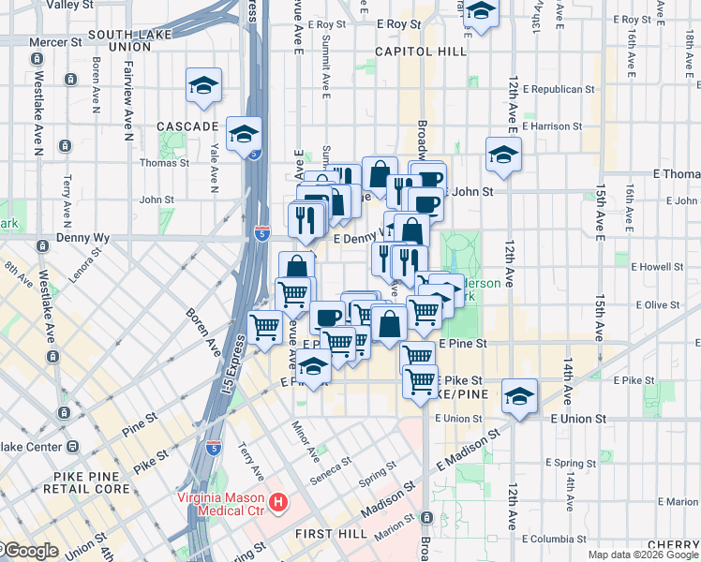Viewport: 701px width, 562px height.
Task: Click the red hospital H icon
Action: click(277, 504)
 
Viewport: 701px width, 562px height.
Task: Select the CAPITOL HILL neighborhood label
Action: click(419, 52)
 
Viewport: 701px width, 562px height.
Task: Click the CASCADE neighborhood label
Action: click(186, 126)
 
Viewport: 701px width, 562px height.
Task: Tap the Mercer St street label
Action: click(54, 42)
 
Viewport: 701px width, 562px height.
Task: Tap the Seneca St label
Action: click(331, 463)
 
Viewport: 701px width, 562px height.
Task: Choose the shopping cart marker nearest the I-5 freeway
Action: click(265, 328)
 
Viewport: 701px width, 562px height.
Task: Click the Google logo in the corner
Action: click(30, 551)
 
